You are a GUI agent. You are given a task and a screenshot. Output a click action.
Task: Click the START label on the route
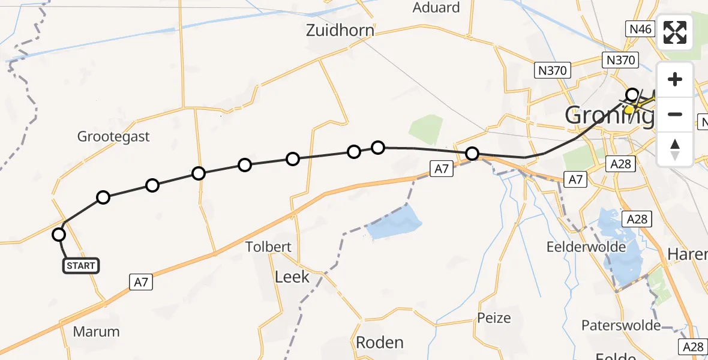[x=81, y=265]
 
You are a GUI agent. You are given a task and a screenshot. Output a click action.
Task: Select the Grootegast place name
[x=113, y=136]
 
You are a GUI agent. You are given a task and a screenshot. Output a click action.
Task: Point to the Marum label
[x=96, y=331]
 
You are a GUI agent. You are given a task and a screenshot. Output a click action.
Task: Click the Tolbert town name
[x=269, y=247]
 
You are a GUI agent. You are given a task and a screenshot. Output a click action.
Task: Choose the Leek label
[x=292, y=276]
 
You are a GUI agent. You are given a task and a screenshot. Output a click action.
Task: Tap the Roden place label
[x=379, y=342]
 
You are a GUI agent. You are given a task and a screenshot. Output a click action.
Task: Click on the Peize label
[x=494, y=317]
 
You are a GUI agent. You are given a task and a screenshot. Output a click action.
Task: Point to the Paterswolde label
[x=621, y=325]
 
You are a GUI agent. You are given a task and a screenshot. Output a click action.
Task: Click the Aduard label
[x=436, y=8]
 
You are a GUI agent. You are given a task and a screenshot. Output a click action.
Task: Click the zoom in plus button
[x=675, y=79]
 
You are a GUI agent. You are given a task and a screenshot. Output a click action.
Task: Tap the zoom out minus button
[x=675, y=114]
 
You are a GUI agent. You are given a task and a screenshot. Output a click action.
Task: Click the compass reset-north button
[x=675, y=149]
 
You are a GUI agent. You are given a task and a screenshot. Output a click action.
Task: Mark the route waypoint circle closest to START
[x=59, y=235]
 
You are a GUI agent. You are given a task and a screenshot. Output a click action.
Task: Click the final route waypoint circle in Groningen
[x=632, y=95]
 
